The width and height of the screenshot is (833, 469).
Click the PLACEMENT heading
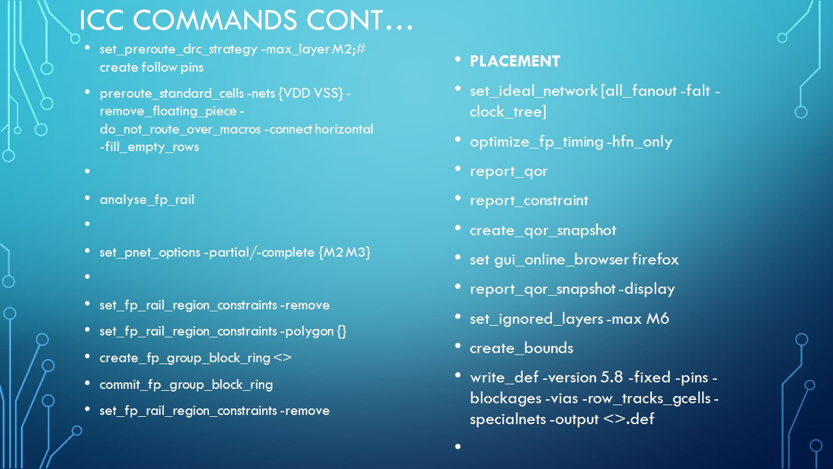pyautogui.click(x=515, y=61)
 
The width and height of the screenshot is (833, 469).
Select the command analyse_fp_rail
pyautogui.click(x=147, y=199)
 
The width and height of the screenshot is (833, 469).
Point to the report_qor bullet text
pyautogui.click(x=509, y=171)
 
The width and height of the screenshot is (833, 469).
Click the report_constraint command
pyautogui.click(x=529, y=201)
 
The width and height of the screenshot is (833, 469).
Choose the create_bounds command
pyautogui.click(x=521, y=348)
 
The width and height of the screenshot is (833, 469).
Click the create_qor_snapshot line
pyautogui.click(x=543, y=230)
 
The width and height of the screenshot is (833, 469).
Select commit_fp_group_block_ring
pyautogui.click(x=186, y=384)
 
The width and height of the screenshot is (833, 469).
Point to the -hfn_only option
pyautogui.click(x=639, y=142)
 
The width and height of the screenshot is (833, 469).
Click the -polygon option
pyautogui.click(x=307, y=332)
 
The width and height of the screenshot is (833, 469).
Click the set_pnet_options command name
pyautogui.click(x=148, y=252)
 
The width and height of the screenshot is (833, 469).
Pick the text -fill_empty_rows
pyautogui.click(x=149, y=147)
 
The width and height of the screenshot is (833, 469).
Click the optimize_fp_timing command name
pyautogui.click(x=536, y=142)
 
